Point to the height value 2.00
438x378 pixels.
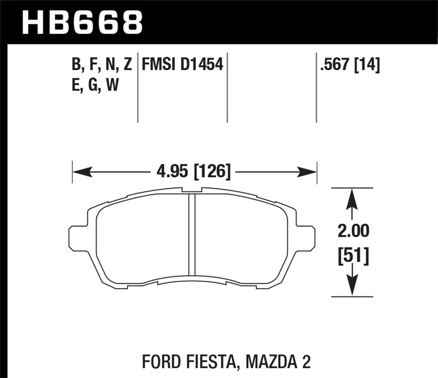[353, 231]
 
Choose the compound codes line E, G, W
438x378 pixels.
[95, 85]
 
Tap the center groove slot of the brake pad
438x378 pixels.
[192, 235]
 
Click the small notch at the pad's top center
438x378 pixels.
[192, 190]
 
